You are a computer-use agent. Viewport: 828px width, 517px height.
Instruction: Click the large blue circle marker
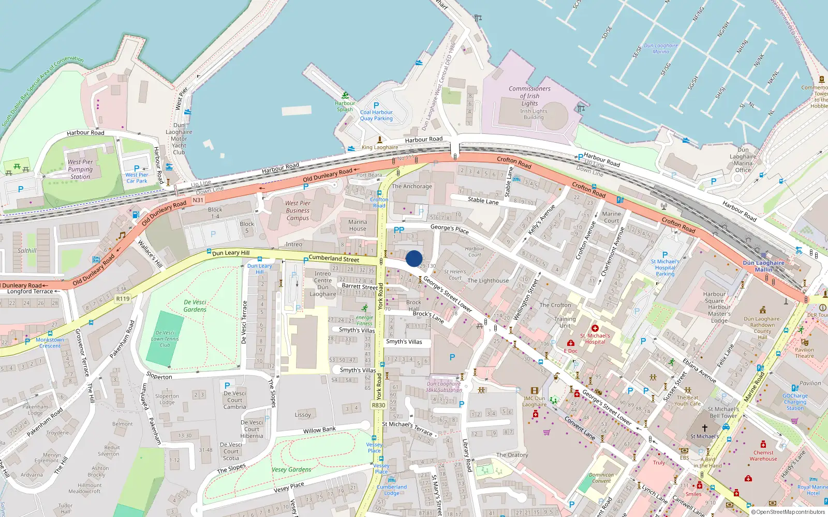tap(414, 258)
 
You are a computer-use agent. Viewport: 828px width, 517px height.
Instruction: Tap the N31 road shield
tap(198, 200)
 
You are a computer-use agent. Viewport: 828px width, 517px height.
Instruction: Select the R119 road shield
tap(123, 298)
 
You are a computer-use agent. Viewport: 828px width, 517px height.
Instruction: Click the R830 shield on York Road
tap(378, 405)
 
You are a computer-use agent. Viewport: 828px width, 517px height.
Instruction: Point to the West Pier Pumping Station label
tap(80, 169)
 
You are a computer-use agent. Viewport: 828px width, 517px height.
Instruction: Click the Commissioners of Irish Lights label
tap(529, 96)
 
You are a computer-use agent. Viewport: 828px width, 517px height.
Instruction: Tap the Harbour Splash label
tap(345, 106)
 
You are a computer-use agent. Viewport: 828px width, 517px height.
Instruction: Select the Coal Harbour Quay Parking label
tap(376, 115)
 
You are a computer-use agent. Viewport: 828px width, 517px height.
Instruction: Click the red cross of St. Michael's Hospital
tap(595, 328)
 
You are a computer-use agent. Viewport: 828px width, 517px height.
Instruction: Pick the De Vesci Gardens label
tap(195, 306)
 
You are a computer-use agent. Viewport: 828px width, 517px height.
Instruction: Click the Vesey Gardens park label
tap(291, 469)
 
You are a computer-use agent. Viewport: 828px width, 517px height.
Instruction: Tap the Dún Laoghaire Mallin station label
tap(763, 266)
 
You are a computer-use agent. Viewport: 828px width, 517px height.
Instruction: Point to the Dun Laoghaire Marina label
tap(661, 48)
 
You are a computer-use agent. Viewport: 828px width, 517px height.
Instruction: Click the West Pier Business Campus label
tap(298, 210)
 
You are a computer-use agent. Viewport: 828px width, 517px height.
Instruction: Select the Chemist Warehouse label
tap(763, 455)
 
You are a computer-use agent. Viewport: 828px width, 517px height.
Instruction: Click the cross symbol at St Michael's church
tap(704, 428)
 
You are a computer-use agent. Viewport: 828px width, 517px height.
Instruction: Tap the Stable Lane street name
tap(483, 201)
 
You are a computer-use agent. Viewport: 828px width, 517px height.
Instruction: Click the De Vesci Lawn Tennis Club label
tap(165, 339)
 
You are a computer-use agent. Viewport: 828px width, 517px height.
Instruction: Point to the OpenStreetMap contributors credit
tap(788, 512)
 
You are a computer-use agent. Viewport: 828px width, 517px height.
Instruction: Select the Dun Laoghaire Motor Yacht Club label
tap(179, 139)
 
